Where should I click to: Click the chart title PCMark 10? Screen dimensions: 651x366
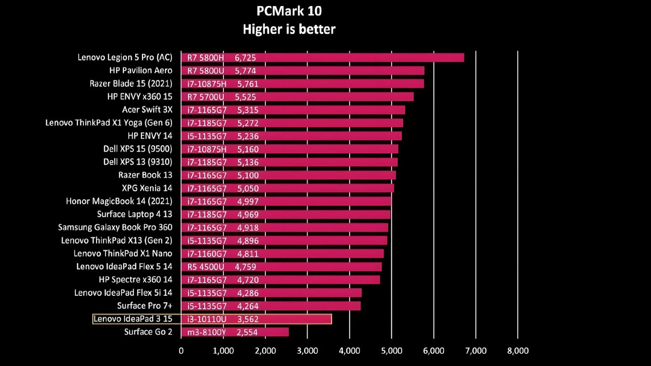click(x=289, y=11)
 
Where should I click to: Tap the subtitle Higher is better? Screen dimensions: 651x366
click(x=289, y=29)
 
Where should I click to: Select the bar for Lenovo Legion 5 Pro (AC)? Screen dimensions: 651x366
click(x=322, y=57)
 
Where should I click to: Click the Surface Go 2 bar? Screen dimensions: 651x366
click(x=235, y=332)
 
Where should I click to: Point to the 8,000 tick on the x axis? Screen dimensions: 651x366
click(x=518, y=351)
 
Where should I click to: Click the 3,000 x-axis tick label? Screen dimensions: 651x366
click(x=308, y=351)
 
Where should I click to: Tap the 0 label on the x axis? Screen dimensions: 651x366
click(x=181, y=351)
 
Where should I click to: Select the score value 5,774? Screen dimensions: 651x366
click(x=245, y=71)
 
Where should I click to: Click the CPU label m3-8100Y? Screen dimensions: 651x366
click(x=206, y=332)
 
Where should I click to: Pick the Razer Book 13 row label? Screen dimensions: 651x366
click(x=145, y=175)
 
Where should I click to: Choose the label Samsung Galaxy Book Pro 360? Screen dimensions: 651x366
click(x=115, y=227)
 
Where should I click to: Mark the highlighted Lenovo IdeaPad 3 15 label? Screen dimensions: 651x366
click(x=133, y=319)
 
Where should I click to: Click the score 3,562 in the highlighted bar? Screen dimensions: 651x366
click(x=248, y=319)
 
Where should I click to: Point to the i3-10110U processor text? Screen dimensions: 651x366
click(x=206, y=319)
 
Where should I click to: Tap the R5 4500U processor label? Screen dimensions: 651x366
click(x=205, y=267)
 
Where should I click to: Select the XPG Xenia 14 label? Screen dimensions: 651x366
click(x=147, y=188)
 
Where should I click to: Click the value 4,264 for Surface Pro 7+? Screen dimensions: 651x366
click(x=248, y=306)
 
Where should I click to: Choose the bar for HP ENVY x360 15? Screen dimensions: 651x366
click(x=298, y=97)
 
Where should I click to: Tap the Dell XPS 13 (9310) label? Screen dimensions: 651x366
click(x=138, y=162)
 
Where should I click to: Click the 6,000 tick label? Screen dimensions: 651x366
click(x=434, y=351)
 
